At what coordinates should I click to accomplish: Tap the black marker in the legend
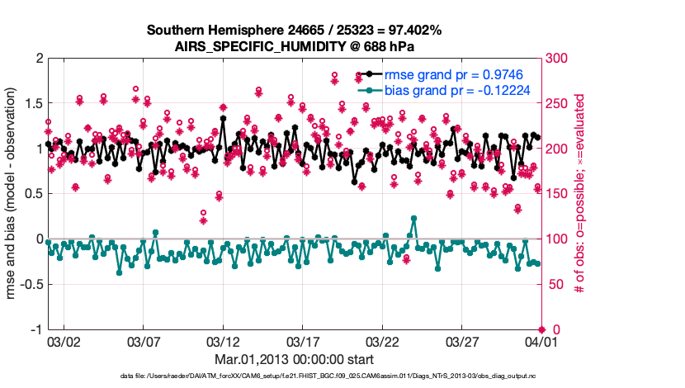(369, 74)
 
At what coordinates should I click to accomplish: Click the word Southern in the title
(175, 31)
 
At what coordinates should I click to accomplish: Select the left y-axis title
(11, 195)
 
